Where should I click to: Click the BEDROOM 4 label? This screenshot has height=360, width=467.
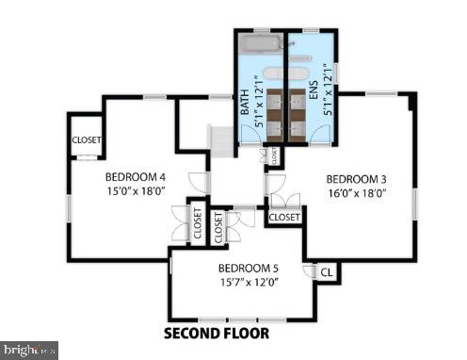point(135,175)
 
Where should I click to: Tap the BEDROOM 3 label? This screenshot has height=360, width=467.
point(356,179)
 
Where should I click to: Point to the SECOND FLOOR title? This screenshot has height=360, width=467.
point(216,333)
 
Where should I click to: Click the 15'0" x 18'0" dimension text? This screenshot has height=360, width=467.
point(135,189)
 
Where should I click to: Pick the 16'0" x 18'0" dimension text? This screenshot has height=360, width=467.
point(356,193)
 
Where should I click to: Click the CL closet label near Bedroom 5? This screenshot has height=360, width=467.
point(326,272)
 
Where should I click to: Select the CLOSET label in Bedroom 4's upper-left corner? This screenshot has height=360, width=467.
point(87,140)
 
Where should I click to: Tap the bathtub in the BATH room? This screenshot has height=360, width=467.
point(260,45)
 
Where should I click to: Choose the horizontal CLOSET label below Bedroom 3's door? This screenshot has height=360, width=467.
point(284,218)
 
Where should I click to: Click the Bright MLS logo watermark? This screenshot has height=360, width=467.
point(29,350)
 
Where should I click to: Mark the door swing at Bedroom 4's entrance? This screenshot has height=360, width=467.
point(198,182)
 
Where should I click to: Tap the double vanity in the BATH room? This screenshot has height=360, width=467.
point(274,111)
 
